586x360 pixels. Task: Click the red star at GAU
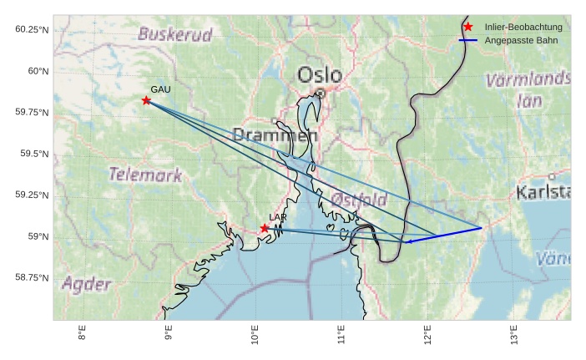coord(146,100)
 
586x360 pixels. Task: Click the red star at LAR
coord(265,228)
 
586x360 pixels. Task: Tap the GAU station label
coord(160,89)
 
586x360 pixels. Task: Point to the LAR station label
coord(278,217)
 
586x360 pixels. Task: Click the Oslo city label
coord(320,75)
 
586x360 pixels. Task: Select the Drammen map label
coord(275,134)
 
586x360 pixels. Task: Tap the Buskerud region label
coord(175,34)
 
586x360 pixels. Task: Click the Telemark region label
coord(145,175)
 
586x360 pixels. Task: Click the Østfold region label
coord(359,200)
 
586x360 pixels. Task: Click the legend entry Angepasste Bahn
coord(521,40)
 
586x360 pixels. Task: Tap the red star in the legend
coord(467,27)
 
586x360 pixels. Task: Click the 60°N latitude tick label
coord(33,71)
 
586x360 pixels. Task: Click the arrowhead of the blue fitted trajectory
coord(408,242)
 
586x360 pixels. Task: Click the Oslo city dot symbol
coord(320,94)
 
